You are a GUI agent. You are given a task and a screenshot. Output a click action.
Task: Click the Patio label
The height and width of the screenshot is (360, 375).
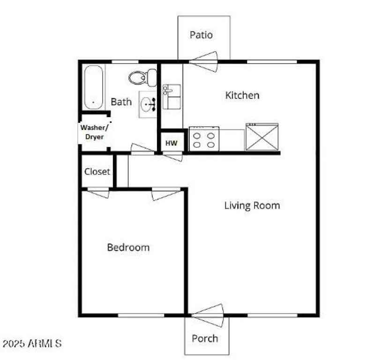tap(201, 35)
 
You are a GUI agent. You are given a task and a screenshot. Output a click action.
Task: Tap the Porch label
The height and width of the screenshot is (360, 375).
tap(205, 338)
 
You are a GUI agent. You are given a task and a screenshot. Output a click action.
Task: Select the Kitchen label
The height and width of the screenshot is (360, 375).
tap(242, 95)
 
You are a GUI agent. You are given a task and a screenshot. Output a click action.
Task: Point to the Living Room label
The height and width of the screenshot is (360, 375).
tap(252, 205)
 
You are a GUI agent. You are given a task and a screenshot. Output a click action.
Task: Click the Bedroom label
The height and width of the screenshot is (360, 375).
tap(128, 247)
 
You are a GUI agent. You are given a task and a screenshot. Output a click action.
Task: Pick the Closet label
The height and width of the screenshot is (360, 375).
tap(97, 171)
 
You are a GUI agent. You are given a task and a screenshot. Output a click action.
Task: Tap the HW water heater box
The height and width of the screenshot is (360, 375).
tap(172, 143)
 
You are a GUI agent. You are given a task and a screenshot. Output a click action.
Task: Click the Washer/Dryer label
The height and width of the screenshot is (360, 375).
tap(95, 132)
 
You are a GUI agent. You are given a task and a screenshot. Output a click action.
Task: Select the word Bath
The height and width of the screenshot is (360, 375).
tap(121, 101)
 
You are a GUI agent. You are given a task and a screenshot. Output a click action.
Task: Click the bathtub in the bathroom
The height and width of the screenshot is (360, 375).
tap(93, 87)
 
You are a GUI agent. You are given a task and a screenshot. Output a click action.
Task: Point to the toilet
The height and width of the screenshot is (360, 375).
tap(143, 77)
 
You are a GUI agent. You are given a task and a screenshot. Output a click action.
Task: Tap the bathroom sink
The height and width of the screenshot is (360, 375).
tap(148, 104)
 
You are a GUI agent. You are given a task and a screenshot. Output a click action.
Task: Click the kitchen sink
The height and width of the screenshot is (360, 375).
tap(172, 97)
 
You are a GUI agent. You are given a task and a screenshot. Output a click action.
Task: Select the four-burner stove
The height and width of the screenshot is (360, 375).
tap(204, 139)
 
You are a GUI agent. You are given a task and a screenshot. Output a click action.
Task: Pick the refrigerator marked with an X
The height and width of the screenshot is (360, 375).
tap(262, 137)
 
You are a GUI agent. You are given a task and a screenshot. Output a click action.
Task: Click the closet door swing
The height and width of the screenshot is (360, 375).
tap(98, 192)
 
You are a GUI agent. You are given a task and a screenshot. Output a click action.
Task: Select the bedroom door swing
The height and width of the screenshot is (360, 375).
tap(165, 193)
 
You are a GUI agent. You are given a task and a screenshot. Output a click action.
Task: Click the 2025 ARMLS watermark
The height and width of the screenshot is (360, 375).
tap(32, 343)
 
